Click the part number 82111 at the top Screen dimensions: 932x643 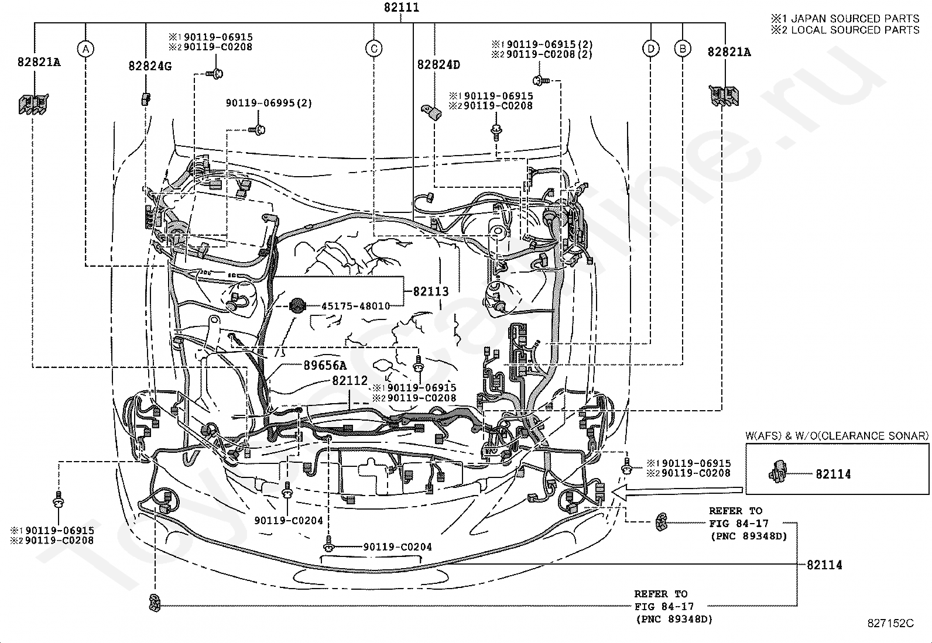(402, 8)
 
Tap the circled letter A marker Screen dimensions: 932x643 (85, 49)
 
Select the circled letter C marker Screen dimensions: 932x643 (374, 49)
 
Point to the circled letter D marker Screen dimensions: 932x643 (651, 49)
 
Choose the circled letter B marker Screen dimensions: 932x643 (683, 49)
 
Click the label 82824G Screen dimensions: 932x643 (150, 66)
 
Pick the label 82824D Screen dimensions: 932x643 (438, 64)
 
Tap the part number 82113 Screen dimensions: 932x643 (431, 291)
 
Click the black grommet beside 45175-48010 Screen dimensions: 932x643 (297, 306)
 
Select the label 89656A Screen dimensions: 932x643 (324, 365)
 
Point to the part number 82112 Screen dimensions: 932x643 (349, 380)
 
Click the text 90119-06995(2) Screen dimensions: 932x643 (269, 103)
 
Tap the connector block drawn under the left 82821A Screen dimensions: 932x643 (33, 104)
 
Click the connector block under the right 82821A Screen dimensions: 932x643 (724, 97)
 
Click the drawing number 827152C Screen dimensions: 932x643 (890, 623)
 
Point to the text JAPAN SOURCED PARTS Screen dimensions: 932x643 (855, 19)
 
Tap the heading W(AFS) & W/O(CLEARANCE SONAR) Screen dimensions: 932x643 (837, 435)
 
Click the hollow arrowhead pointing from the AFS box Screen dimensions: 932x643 (620, 493)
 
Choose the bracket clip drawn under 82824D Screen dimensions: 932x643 (433, 112)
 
